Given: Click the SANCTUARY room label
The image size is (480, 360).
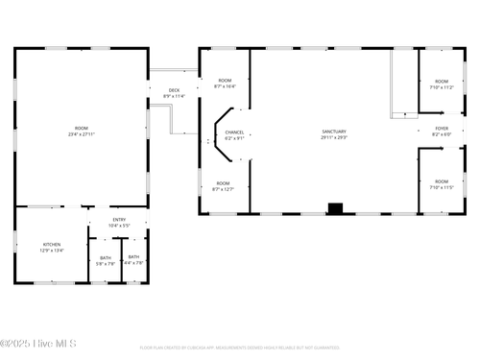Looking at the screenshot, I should tap(334, 132).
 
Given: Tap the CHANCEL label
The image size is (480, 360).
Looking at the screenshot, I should tap(234, 132).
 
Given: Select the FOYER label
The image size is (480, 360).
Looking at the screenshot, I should tap(442, 128).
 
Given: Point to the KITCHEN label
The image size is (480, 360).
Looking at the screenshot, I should tap(52, 244).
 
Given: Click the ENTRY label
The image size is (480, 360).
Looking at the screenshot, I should tap(119, 220).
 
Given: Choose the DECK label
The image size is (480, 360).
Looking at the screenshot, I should tap(174, 89).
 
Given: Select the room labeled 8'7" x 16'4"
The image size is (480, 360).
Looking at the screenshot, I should tap(225, 81).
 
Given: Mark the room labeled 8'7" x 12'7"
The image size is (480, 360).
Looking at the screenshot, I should tap(223, 183).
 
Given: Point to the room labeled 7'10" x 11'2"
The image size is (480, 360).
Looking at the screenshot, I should tap(442, 82).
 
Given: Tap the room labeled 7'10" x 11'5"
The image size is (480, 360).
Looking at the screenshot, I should tap(442, 181).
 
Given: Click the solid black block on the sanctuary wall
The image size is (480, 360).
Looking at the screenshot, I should tap(335, 207).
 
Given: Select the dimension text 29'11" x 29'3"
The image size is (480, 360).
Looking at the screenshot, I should tap(334, 137).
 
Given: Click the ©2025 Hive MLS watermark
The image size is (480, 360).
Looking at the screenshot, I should tap(38, 343).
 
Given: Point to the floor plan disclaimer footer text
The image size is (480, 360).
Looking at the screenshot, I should tap(240, 348).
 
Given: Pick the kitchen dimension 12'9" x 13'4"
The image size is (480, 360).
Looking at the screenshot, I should tap(52, 250).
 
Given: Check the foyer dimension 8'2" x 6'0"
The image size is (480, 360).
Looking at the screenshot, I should tap(442, 133).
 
